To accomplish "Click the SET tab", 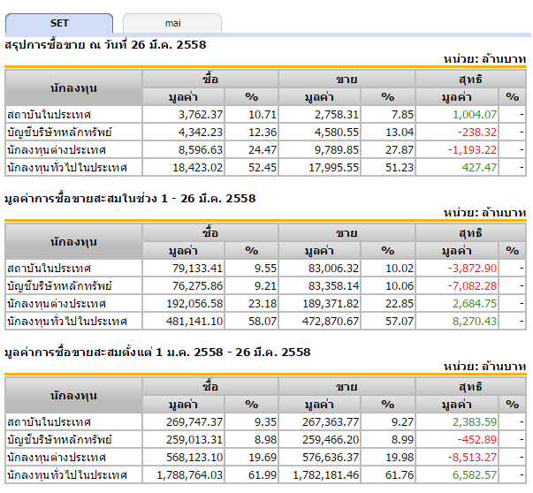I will (x=59, y=23).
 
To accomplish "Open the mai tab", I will (x=172, y=23).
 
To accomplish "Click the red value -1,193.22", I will (x=471, y=150).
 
